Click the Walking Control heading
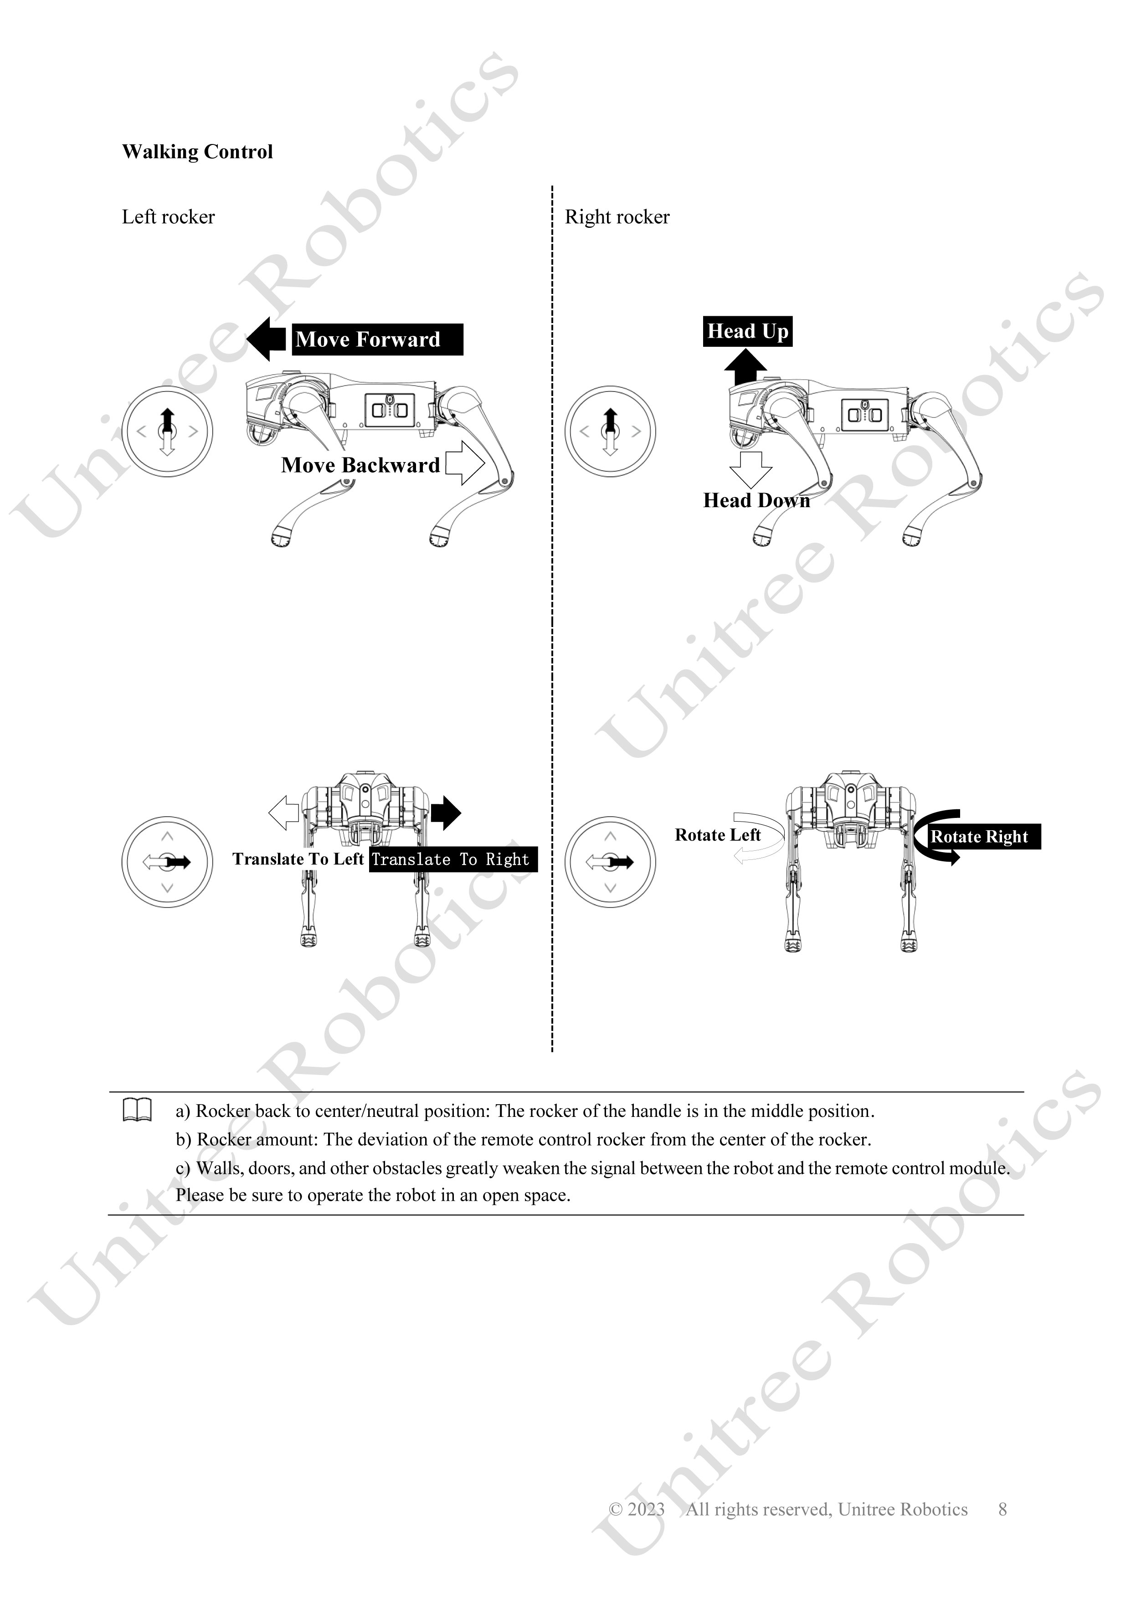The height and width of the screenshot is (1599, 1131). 197,152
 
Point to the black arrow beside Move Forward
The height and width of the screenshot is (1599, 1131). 267,339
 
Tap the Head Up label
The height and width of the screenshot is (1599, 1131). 747,331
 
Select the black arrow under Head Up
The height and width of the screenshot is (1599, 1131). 745,366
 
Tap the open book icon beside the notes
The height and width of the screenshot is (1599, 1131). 137,1110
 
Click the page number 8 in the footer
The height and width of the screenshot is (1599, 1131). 1003,1509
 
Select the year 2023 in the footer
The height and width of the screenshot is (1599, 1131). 646,1509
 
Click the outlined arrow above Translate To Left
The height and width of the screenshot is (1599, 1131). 284,813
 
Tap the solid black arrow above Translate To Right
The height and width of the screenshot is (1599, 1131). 446,813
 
